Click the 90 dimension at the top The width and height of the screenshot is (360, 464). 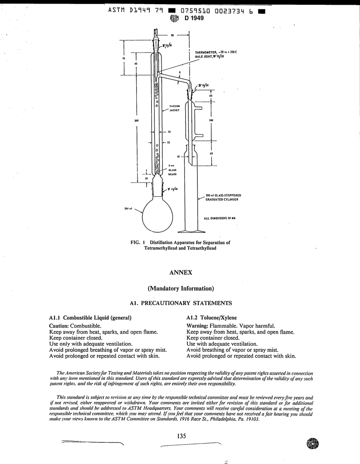tap(172, 35)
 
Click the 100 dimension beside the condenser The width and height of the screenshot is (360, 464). tap(211, 120)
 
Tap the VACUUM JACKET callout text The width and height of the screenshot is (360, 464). tap(174, 108)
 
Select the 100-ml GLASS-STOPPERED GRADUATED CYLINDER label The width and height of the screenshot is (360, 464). tap(223, 197)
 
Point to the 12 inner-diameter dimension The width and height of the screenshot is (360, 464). tap(169, 132)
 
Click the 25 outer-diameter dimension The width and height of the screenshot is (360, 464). tap(168, 142)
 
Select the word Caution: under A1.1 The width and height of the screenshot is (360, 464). tap(59, 326)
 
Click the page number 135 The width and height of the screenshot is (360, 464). tap(181, 436)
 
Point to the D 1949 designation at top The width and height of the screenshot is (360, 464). tap(194, 18)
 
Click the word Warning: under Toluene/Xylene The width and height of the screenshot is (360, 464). tap(198, 326)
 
